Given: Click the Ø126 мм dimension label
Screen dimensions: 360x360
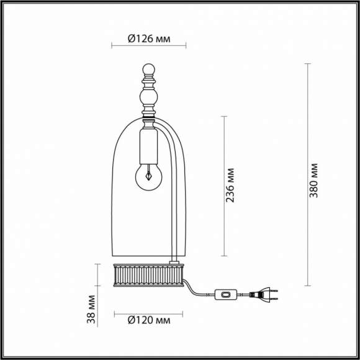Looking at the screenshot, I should (x=148, y=38).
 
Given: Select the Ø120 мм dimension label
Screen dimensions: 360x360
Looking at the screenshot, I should (x=148, y=321).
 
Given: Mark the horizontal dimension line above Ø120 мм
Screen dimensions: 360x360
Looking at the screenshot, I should (x=148, y=313).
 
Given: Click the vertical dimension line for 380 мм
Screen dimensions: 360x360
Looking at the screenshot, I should (x=308, y=174).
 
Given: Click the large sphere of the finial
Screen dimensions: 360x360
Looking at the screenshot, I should (x=148, y=97).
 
